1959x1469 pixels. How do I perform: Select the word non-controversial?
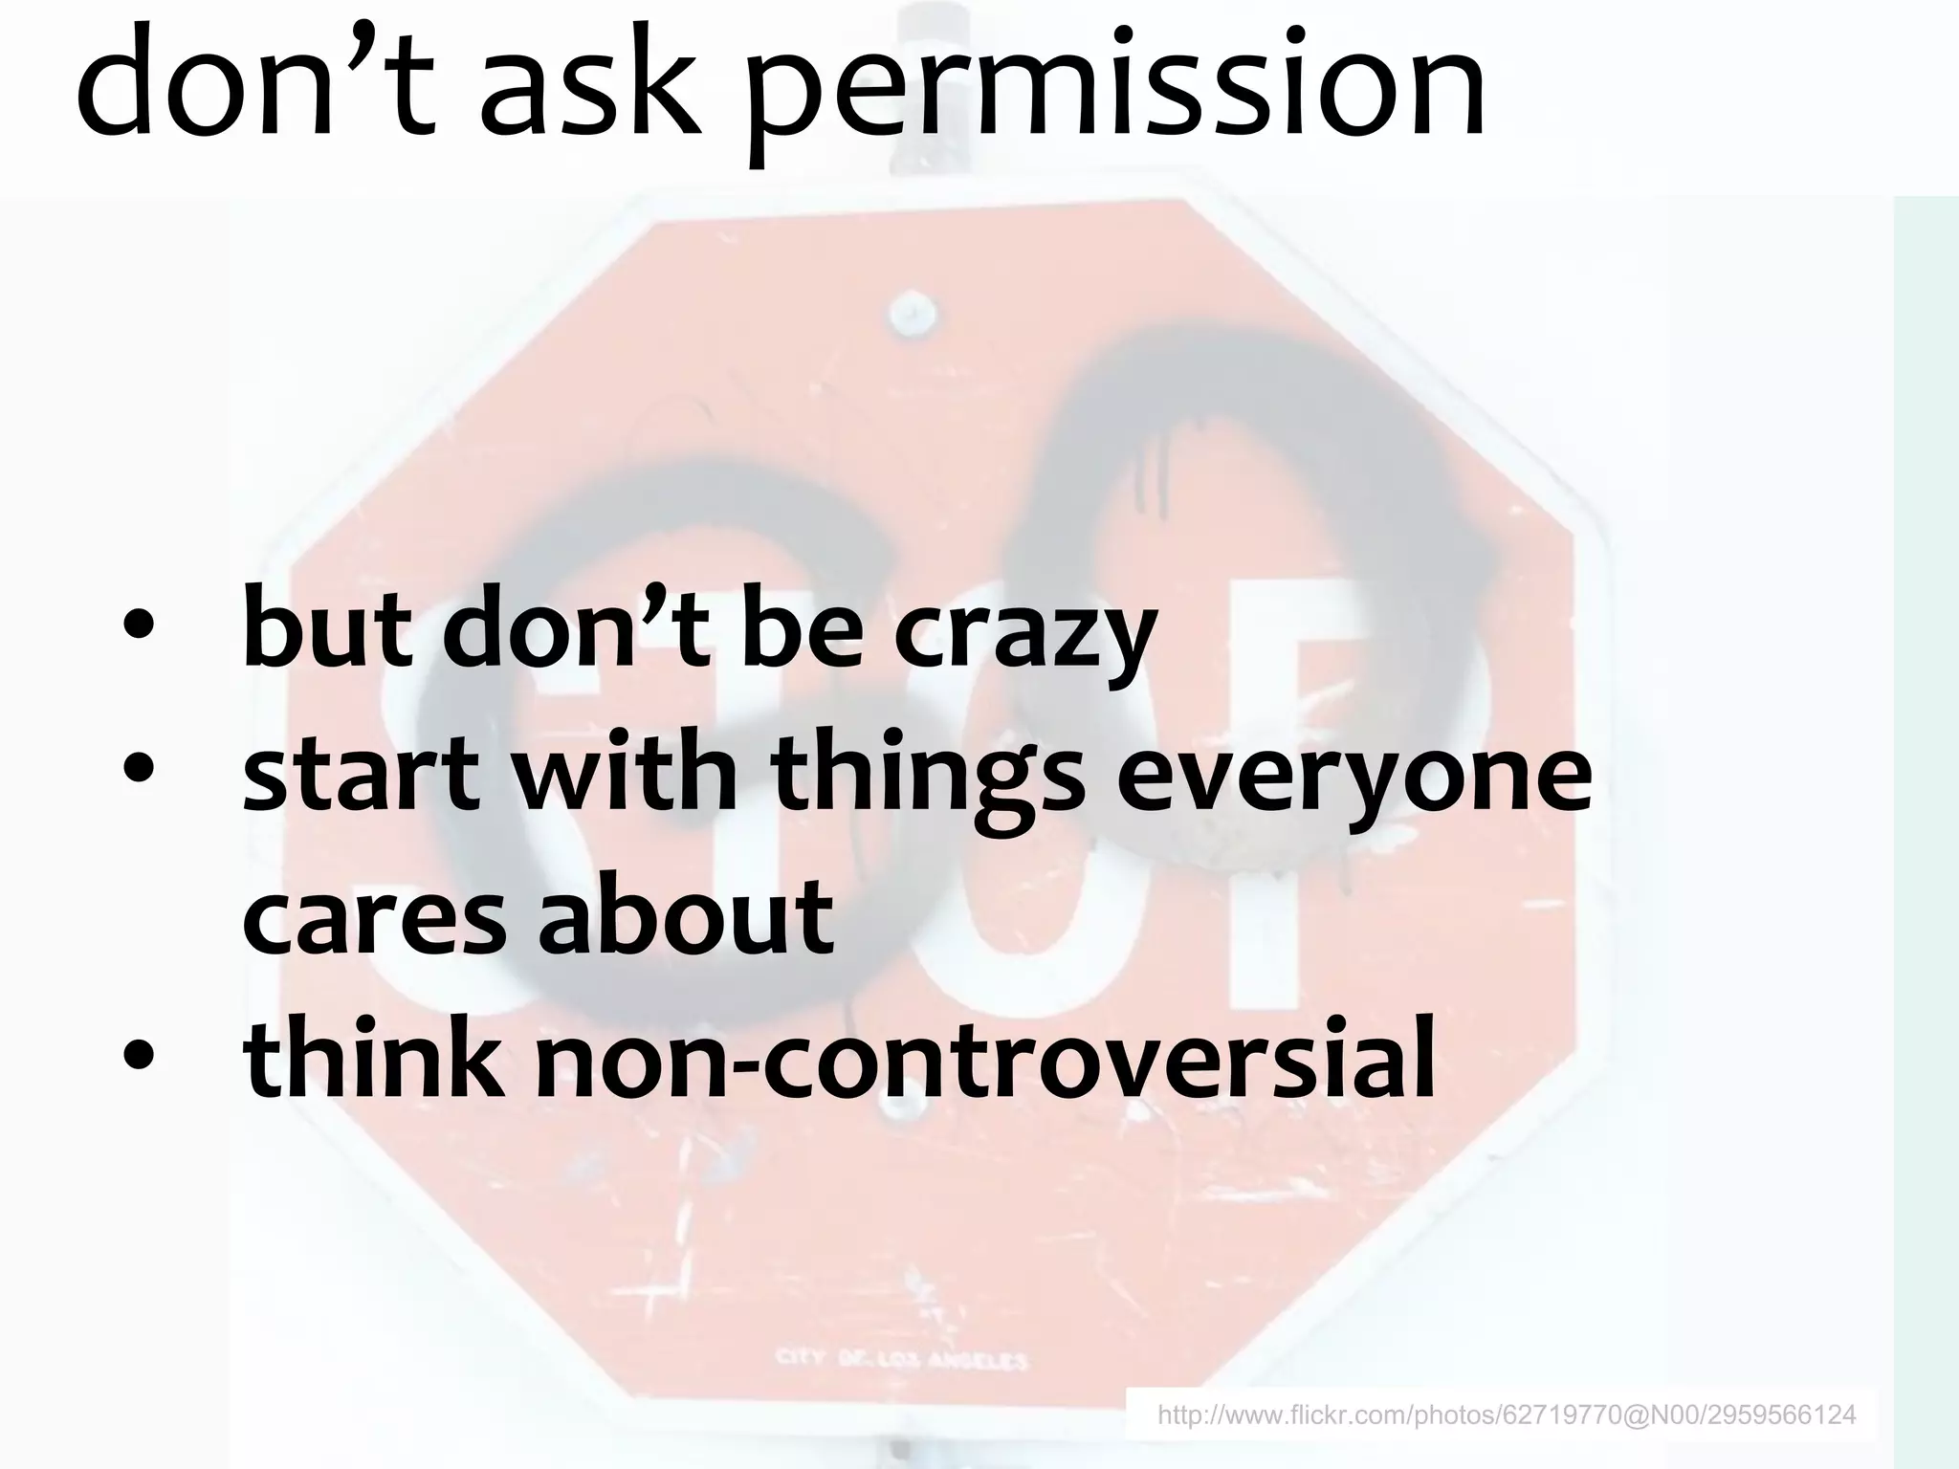(985, 1057)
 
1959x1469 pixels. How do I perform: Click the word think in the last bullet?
(373, 1057)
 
